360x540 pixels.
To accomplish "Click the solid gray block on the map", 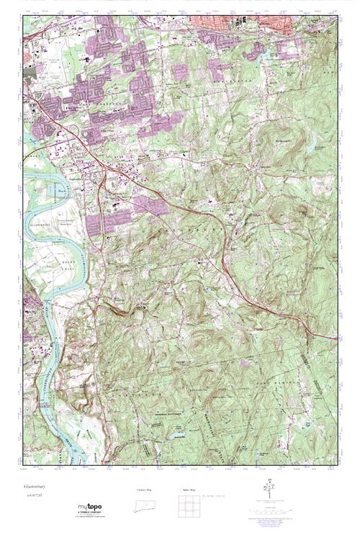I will [x=30, y=73].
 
